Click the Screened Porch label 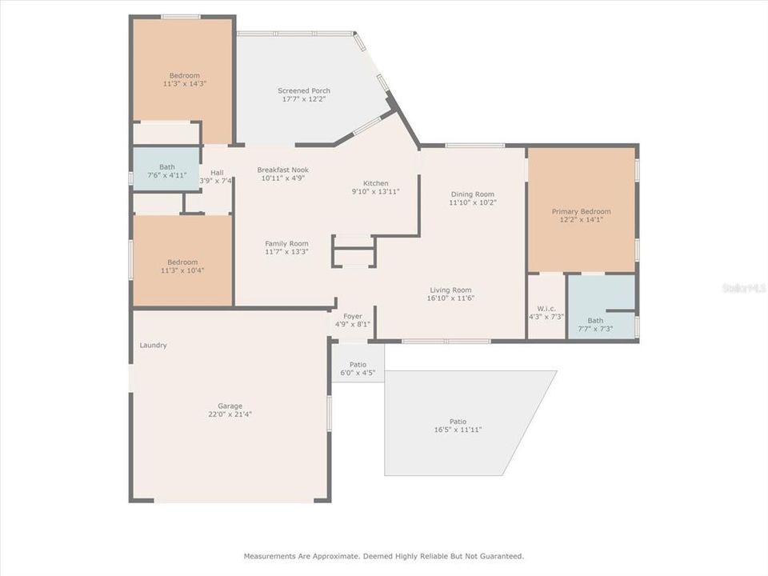click(x=304, y=90)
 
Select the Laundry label click(x=153, y=346)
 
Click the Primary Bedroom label click(x=581, y=211)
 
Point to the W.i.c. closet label click(x=546, y=307)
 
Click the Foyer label click(x=353, y=316)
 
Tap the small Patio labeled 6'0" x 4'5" click(x=358, y=373)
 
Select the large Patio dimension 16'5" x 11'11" click(x=457, y=430)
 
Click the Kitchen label click(x=376, y=183)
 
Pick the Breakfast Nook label click(x=282, y=170)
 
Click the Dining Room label click(x=473, y=194)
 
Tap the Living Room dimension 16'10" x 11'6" click(x=450, y=298)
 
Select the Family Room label click(x=286, y=243)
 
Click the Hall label click(x=217, y=173)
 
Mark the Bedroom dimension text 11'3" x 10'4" click(x=182, y=270)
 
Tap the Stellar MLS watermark click(x=743, y=287)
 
